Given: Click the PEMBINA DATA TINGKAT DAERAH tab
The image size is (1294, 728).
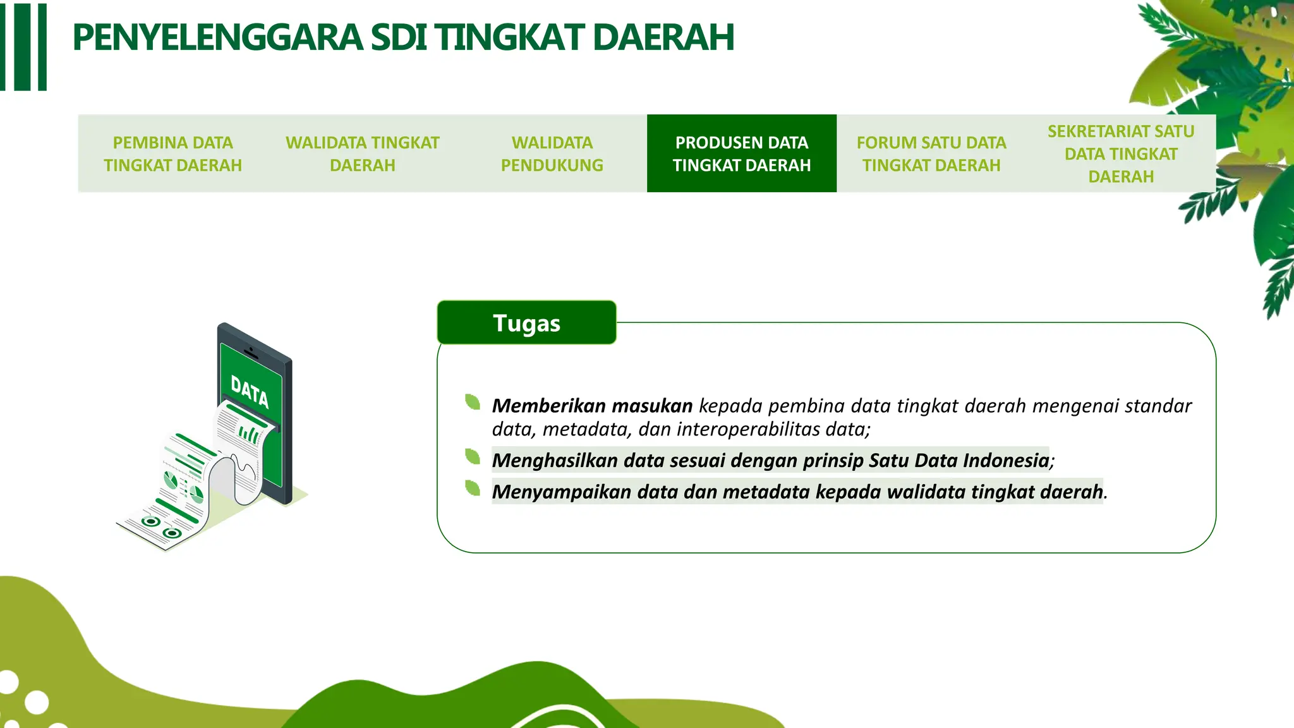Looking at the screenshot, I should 172,154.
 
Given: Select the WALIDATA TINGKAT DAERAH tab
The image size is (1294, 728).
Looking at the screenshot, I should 362,154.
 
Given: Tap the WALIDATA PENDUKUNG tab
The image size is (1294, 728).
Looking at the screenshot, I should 552,154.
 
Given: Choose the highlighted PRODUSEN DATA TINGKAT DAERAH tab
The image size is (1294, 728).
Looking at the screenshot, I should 741,154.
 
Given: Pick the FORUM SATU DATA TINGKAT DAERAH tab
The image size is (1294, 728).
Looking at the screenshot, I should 931,154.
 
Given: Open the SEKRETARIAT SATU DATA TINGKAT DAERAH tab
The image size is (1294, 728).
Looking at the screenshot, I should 1120,154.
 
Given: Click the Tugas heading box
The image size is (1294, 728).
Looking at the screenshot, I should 526,323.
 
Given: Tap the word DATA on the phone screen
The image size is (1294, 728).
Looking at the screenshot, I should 250,392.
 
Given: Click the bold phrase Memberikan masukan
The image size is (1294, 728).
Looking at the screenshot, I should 592,406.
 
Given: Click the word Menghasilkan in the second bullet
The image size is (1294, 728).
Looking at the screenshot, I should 555,461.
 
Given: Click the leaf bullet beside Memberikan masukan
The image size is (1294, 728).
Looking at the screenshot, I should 473,402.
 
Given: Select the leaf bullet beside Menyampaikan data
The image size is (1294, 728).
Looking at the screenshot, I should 473,488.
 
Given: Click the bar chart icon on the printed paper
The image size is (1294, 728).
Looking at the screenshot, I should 248,434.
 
